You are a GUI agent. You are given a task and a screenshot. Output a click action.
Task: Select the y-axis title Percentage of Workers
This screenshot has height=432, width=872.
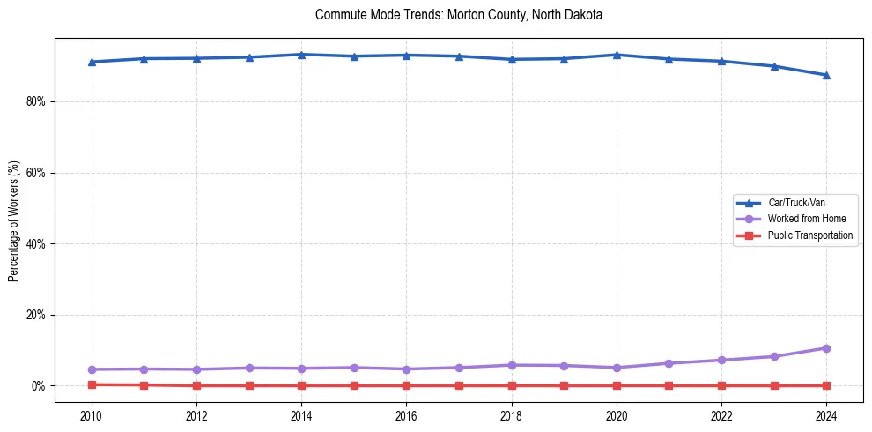click(x=13, y=220)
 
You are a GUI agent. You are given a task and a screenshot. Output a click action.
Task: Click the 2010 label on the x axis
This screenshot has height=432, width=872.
click(x=92, y=414)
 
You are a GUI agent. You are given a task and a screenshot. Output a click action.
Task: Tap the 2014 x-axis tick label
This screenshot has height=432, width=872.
click(x=301, y=414)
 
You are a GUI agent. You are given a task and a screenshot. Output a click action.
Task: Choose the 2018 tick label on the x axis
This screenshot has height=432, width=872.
click(x=512, y=414)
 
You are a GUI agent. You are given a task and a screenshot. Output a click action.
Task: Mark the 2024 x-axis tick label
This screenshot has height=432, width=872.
click(x=826, y=414)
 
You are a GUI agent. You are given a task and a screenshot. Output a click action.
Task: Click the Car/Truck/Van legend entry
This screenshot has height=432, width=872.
click(x=796, y=203)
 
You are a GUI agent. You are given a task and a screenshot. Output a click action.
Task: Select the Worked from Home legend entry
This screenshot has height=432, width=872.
click(x=802, y=219)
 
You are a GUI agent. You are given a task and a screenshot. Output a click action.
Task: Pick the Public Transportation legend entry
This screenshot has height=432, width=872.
click(x=809, y=235)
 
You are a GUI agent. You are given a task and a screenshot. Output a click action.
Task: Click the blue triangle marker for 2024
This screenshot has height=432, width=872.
click(x=826, y=75)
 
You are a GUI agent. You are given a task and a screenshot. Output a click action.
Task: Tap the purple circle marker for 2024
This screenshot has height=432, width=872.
click(x=826, y=348)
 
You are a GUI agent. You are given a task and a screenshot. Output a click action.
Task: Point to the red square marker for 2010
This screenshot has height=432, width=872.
click(x=92, y=384)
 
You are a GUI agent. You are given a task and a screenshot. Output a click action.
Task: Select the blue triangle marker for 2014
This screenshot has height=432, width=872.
click(x=301, y=55)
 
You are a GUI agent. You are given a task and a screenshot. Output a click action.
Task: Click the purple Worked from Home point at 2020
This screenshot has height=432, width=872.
click(x=617, y=368)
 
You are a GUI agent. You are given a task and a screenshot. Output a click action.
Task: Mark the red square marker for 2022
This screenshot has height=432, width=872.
click(x=721, y=385)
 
